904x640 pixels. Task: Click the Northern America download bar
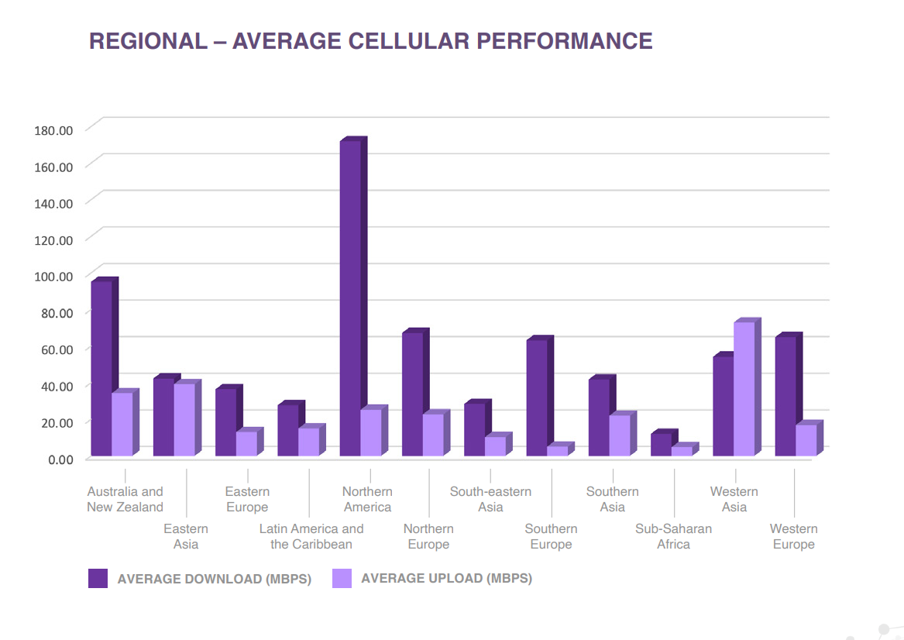click(x=350, y=298)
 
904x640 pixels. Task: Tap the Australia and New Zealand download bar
click(x=101, y=368)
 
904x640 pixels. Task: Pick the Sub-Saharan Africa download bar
click(x=661, y=445)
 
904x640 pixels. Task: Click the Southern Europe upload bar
click(x=557, y=451)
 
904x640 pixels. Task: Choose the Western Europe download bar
click(x=785, y=396)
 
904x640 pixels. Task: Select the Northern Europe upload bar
click(x=433, y=435)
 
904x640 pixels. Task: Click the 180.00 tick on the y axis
click(x=53, y=130)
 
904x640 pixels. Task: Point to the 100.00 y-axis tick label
click(x=53, y=277)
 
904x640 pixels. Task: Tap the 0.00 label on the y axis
click(x=60, y=459)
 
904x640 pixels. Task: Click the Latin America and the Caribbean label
click(x=311, y=536)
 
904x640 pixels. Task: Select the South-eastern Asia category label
click(x=490, y=499)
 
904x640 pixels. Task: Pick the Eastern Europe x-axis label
click(x=247, y=499)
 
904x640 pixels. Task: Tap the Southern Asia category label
click(x=612, y=499)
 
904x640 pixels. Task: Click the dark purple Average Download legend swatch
click(x=98, y=578)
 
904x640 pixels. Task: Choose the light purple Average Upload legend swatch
click(x=342, y=578)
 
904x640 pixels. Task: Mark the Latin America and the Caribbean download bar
click(x=288, y=430)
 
